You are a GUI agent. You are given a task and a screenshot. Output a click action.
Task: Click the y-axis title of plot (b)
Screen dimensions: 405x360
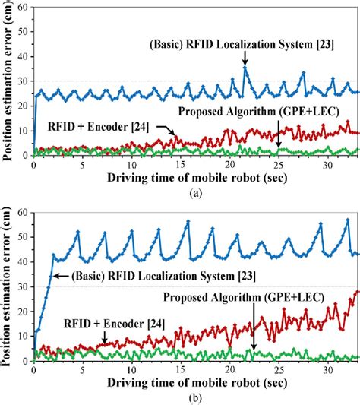8,283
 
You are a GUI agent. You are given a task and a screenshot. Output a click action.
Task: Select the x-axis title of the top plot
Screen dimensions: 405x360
181,179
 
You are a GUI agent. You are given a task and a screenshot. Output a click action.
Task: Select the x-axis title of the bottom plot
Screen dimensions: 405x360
181,381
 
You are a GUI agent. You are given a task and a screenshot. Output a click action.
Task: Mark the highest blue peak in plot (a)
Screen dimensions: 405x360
245,68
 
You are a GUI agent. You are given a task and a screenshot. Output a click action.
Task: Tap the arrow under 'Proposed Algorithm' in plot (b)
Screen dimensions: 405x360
253,340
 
